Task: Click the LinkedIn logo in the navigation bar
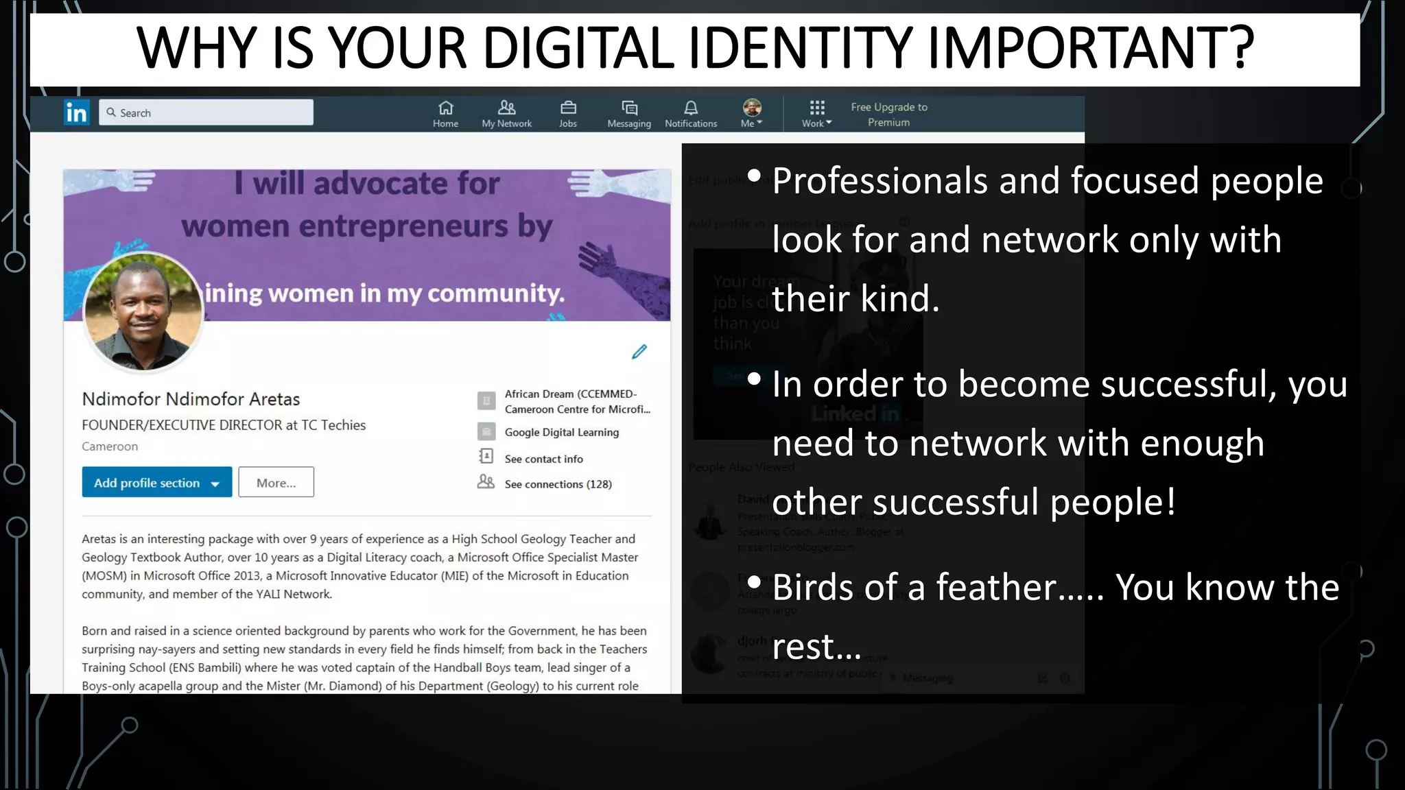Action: point(76,112)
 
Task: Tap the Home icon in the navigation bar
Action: point(446,108)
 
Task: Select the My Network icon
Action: point(507,108)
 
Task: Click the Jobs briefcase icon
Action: point(568,108)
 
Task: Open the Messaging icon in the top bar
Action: point(629,108)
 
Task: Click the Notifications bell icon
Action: point(691,108)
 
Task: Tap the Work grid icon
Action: point(816,108)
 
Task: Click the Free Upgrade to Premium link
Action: point(889,115)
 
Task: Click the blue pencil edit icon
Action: point(639,352)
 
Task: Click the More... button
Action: point(276,483)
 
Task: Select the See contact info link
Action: point(543,459)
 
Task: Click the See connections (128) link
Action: point(558,484)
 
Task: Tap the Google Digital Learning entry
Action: point(561,432)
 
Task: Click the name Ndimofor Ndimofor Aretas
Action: point(191,399)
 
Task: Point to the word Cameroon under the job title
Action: point(110,446)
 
